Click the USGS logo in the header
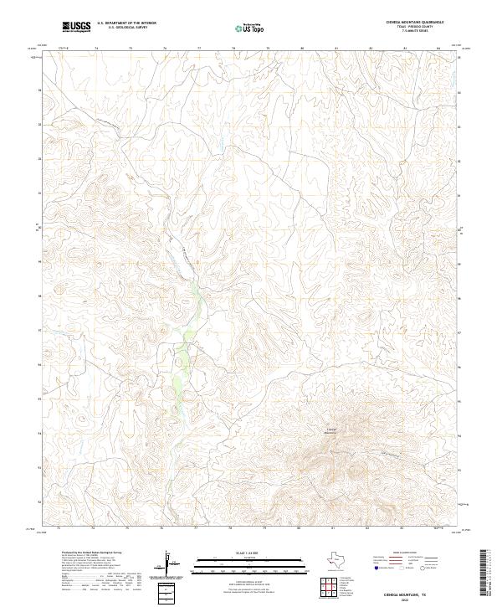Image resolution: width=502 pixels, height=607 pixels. tap(76, 27)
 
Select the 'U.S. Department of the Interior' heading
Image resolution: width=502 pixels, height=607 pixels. tap(126, 23)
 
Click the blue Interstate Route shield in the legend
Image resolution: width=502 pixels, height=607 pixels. tap(376, 568)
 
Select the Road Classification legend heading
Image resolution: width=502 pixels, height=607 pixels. tap(406, 553)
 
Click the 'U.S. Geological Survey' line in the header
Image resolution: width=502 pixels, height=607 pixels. tap(126, 28)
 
